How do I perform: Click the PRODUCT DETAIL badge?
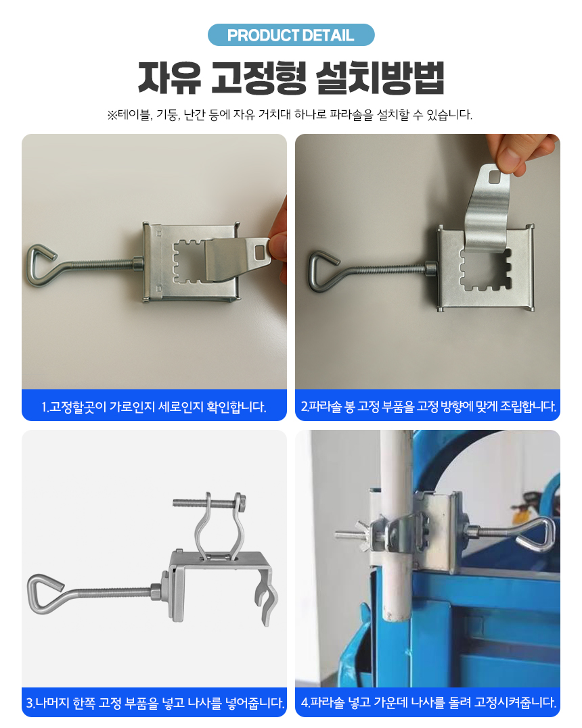(x=291, y=35)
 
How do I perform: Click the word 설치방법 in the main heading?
(x=380, y=78)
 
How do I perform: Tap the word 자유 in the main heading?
(x=169, y=78)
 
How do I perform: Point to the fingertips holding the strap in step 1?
(x=279, y=246)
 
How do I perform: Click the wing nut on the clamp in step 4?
(x=361, y=533)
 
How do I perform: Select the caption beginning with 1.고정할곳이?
(x=154, y=407)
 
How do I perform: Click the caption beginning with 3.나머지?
(x=155, y=702)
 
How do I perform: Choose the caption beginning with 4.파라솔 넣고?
(x=428, y=702)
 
